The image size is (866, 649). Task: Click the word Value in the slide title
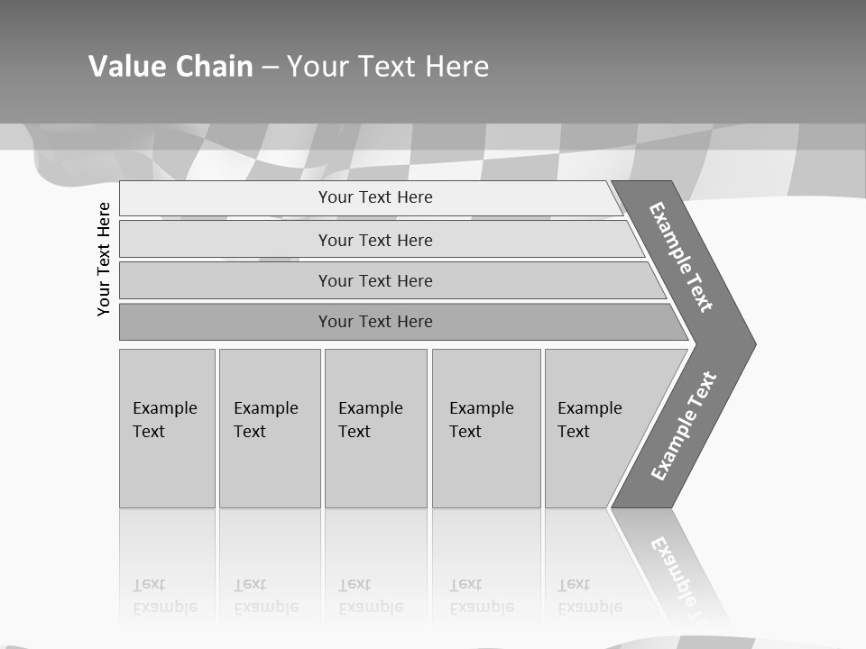tap(125, 67)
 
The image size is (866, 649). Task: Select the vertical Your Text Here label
tap(104, 259)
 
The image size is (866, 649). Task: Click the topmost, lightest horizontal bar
tap(375, 197)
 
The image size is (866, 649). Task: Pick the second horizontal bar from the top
tap(375, 240)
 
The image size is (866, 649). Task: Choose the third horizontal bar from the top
tap(375, 280)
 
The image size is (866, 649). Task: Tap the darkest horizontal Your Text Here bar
tap(375, 322)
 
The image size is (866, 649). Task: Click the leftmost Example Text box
tap(167, 428)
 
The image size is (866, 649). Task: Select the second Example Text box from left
tap(269, 428)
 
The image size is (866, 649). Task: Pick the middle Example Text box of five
tap(375, 428)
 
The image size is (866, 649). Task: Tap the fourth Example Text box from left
tap(485, 428)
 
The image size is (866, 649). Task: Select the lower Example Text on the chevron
tap(683, 425)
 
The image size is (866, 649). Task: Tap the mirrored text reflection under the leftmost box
tap(164, 596)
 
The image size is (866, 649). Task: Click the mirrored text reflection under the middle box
tap(370, 596)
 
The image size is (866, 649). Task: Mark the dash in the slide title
tap(270, 67)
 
